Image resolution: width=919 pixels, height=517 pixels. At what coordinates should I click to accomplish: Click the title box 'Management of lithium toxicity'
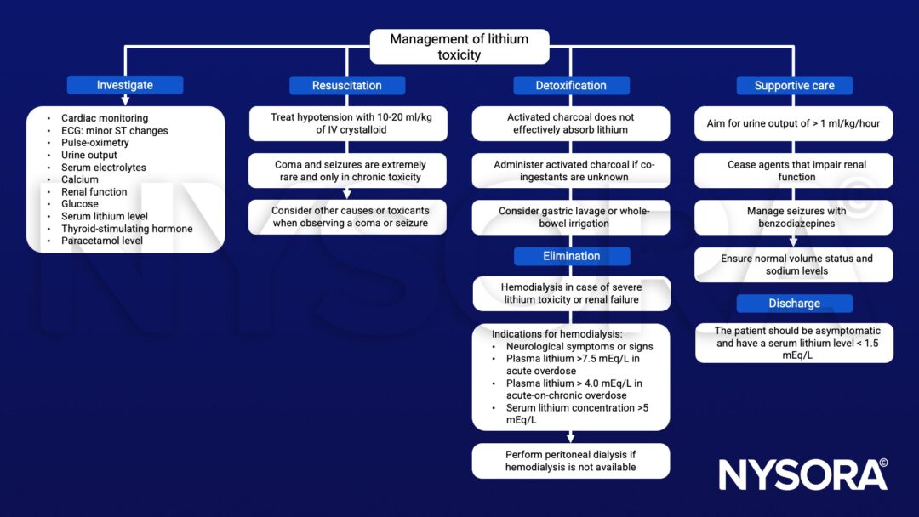click(459, 47)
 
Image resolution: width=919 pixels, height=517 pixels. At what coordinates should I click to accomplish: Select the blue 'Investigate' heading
click(125, 85)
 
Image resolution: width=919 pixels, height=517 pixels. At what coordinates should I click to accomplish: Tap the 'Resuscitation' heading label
click(347, 85)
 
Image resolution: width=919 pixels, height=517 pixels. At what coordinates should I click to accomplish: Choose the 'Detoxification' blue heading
click(571, 85)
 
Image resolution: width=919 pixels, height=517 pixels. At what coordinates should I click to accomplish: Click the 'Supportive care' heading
click(794, 85)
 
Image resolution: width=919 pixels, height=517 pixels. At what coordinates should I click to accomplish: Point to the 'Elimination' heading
click(571, 256)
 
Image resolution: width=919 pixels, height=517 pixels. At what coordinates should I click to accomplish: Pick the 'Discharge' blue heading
click(794, 304)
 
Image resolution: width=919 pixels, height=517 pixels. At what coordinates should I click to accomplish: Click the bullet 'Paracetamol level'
click(102, 241)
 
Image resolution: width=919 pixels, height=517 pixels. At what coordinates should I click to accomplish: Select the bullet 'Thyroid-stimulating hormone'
click(127, 229)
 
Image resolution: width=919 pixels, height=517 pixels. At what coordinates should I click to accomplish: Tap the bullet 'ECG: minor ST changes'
click(115, 131)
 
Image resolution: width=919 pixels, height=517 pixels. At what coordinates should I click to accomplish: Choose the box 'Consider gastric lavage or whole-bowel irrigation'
click(571, 218)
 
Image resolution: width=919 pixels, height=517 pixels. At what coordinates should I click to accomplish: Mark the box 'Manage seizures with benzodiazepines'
click(794, 218)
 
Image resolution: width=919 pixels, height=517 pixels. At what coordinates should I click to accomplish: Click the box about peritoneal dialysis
click(571, 461)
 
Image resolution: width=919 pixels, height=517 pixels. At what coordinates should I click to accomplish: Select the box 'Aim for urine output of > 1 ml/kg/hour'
click(794, 124)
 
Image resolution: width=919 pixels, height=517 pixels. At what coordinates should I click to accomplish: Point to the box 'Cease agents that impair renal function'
click(794, 171)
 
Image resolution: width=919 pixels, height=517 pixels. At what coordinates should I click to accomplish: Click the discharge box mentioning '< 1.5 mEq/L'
click(794, 343)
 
